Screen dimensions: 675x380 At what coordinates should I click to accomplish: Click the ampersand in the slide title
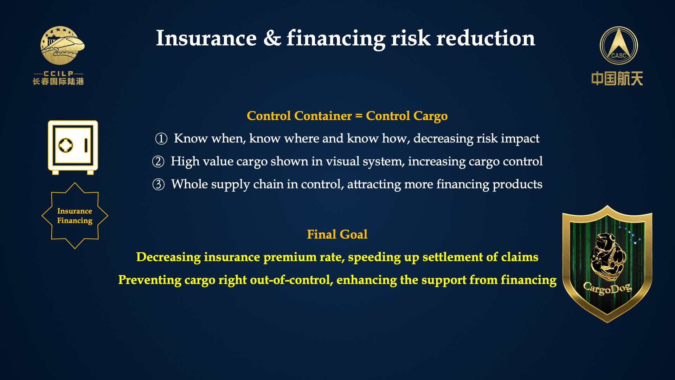pyautogui.click(x=272, y=38)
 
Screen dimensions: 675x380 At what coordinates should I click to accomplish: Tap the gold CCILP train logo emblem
pyautogui.click(x=63, y=45)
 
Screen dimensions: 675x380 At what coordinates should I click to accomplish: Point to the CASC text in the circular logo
pyautogui.click(x=619, y=56)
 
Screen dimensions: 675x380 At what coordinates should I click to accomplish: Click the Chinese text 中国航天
pyautogui.click(x=617, y=78)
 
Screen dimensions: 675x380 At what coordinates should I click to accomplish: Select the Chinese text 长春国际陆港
pyautogui.click(x=58, y=81)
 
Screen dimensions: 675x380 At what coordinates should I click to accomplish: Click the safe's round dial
pyautogui.click(x=66, y=145)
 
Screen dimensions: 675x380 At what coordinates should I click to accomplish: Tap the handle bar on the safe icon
pyautogui.click(x=86, y=145)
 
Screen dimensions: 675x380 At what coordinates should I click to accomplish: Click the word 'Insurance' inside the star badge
pyautogui.click(x=75, y=211)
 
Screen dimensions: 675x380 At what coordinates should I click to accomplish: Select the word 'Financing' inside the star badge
pyautogui.click(x=75, y=221)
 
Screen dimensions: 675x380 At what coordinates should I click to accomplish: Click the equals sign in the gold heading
pyautogui.click(x=359, y=116)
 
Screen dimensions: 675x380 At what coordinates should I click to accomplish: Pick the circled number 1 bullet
pyautogui.click(x=161, y=139)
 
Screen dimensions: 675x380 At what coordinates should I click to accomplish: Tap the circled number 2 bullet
pyautogui.click(x=158, y=161)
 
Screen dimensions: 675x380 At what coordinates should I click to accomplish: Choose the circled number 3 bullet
pyautogui.click(x=159, y=184)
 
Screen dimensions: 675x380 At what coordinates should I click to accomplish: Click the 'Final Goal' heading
pyautogui.click(x=337, y=234)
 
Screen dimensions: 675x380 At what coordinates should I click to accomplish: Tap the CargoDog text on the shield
pyautogui.click(x=607, y=289)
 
